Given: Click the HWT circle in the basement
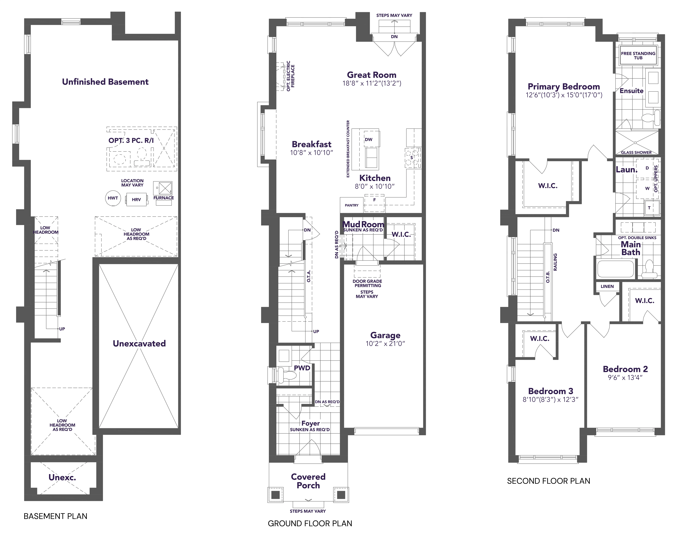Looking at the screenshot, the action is (x=113, y=198).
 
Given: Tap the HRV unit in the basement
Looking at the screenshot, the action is (x=136, y=199).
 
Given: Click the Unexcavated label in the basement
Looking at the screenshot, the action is (x=139, y=343).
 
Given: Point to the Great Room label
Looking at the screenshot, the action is (x=371, y=75).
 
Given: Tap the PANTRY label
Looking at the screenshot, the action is (x=352, y=205).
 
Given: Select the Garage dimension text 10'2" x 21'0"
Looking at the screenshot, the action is (x=385, y=344).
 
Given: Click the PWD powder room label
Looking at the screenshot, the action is (x=302, y=368).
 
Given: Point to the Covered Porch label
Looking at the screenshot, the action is (x=308, y=481).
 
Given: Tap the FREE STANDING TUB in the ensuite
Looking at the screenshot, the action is (x=638, y=56).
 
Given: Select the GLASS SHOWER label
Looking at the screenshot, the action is (x=636, y=153).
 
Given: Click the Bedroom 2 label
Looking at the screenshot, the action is (x=625, y=369).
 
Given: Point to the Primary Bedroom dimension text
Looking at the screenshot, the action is (x=564, y=95).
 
